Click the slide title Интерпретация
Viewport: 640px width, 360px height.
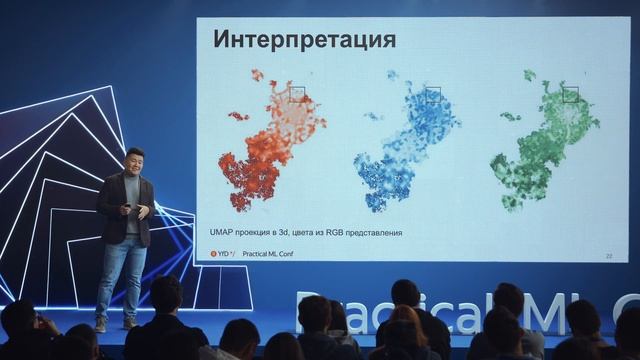(x=304, y=40)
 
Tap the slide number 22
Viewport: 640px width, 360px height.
(x=608, y=256)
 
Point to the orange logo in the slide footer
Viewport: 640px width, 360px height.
(x=214, y=253)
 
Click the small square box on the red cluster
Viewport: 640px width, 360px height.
(x=297, y=93)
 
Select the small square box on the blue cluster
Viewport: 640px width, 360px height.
(x=432, y=94)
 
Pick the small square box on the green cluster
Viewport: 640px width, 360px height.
(x=570, y=94)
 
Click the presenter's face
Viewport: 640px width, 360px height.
(x=135, y=161)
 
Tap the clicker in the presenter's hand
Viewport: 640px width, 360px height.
(x=126, y=206)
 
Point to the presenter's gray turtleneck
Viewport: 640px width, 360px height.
(x=132, y=200)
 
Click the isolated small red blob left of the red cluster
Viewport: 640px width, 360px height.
(x=238, y=116)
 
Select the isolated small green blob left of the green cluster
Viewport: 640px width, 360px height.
(x=510, y=116)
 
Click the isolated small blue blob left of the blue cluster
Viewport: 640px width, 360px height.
(x=373, y=116)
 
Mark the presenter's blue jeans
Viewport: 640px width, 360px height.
(x=122, y=275)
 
